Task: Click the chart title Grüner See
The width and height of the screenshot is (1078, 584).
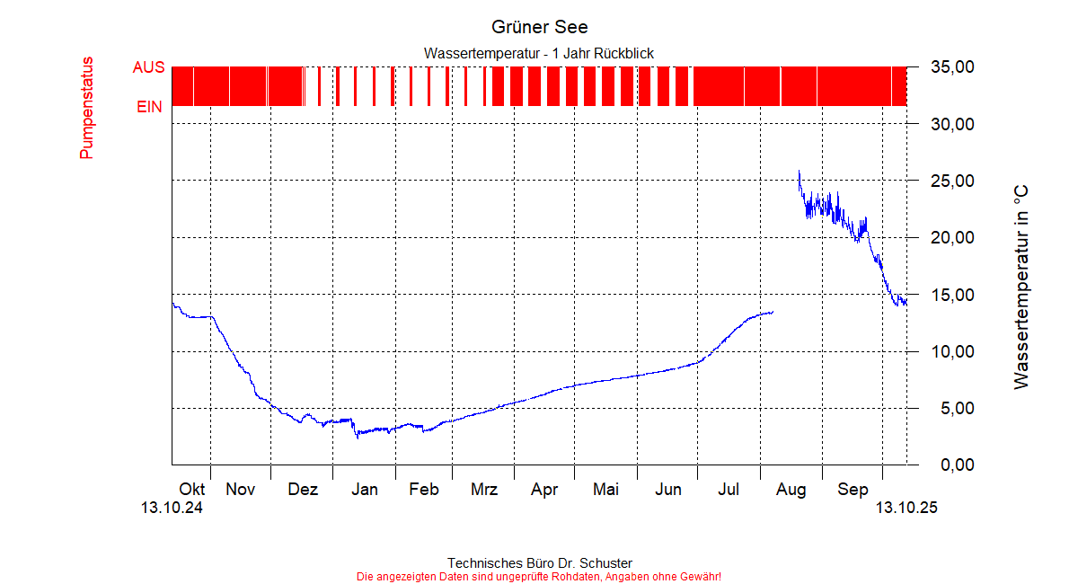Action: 539,27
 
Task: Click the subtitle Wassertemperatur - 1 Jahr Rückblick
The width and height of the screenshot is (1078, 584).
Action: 539,54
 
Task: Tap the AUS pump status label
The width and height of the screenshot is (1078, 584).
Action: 148,67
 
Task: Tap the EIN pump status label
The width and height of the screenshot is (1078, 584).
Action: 149,107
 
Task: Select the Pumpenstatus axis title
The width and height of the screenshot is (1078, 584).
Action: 86,108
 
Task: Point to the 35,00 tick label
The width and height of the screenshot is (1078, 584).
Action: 953,67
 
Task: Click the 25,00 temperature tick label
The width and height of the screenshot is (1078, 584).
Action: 953,181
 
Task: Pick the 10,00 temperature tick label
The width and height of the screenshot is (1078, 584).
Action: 953,351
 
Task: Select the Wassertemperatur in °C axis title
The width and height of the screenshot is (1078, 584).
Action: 1021,288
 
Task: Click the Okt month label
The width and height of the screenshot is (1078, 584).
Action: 192,490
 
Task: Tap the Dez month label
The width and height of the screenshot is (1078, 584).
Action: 303,490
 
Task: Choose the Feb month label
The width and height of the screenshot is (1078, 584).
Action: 424,490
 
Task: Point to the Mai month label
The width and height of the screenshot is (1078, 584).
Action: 605,490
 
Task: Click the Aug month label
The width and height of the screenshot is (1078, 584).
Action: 791,490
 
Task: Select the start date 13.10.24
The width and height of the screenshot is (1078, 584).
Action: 172,508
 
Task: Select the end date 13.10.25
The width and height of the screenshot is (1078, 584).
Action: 906,508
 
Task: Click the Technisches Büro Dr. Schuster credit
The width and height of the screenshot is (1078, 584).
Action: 539,563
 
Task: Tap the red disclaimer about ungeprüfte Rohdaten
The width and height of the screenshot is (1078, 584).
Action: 539,576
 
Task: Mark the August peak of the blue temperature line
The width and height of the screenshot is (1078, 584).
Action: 799,171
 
